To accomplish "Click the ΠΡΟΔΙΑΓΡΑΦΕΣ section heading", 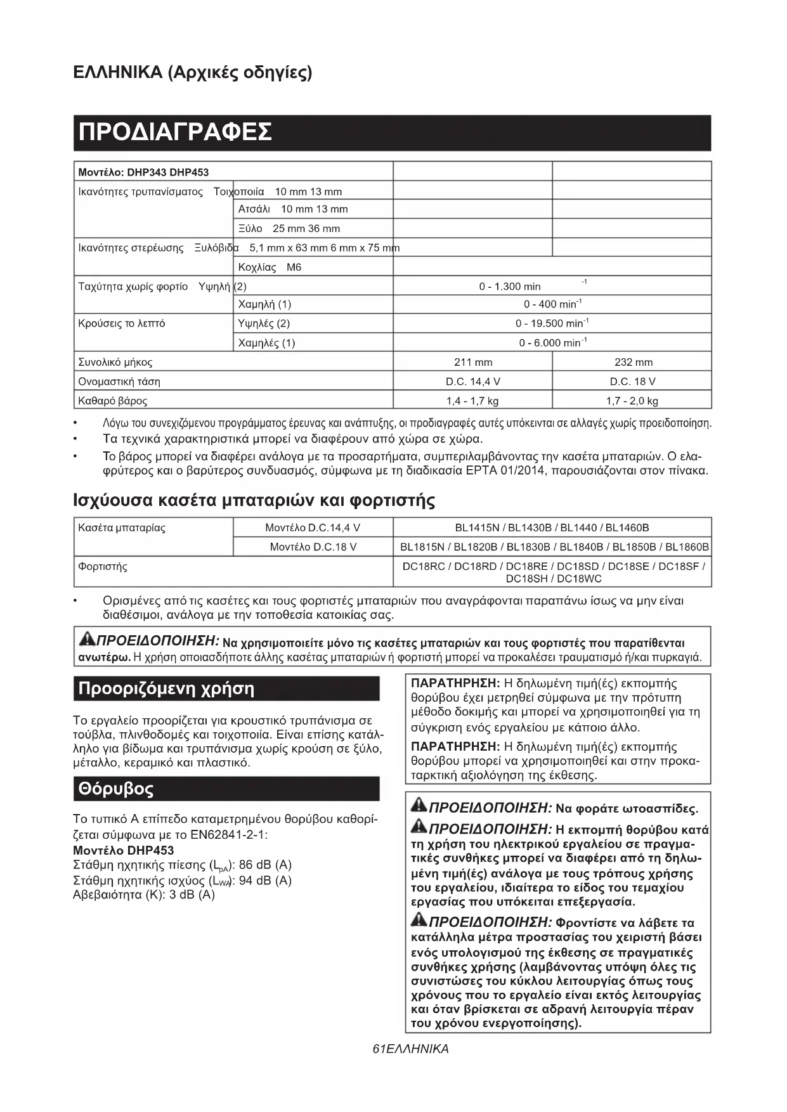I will [x=175, y=133].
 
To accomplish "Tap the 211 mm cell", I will [x=472, y=362].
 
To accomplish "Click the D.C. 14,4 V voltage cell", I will [x=472, y=382].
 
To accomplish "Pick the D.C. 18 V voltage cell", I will [x=632, y=382].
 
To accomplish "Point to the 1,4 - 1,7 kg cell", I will [x=472, y=401].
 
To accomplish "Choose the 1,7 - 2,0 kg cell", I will [x=632, y=401].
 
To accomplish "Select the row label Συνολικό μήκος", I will [x=115, y=363].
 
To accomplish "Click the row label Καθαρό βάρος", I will [x=112, y=401].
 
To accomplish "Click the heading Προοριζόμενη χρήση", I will [x=166, y=689].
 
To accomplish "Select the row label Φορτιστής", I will [x=102, y=566].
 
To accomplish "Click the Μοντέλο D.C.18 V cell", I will [x=313, y=547].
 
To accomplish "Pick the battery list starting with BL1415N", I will [x=552, y=527].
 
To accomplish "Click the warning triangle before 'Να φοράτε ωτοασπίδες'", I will [x=419, y=806].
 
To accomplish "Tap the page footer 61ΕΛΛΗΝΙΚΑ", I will [x=410, y=1049].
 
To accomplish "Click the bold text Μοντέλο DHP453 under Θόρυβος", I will [x=123, y=850].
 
